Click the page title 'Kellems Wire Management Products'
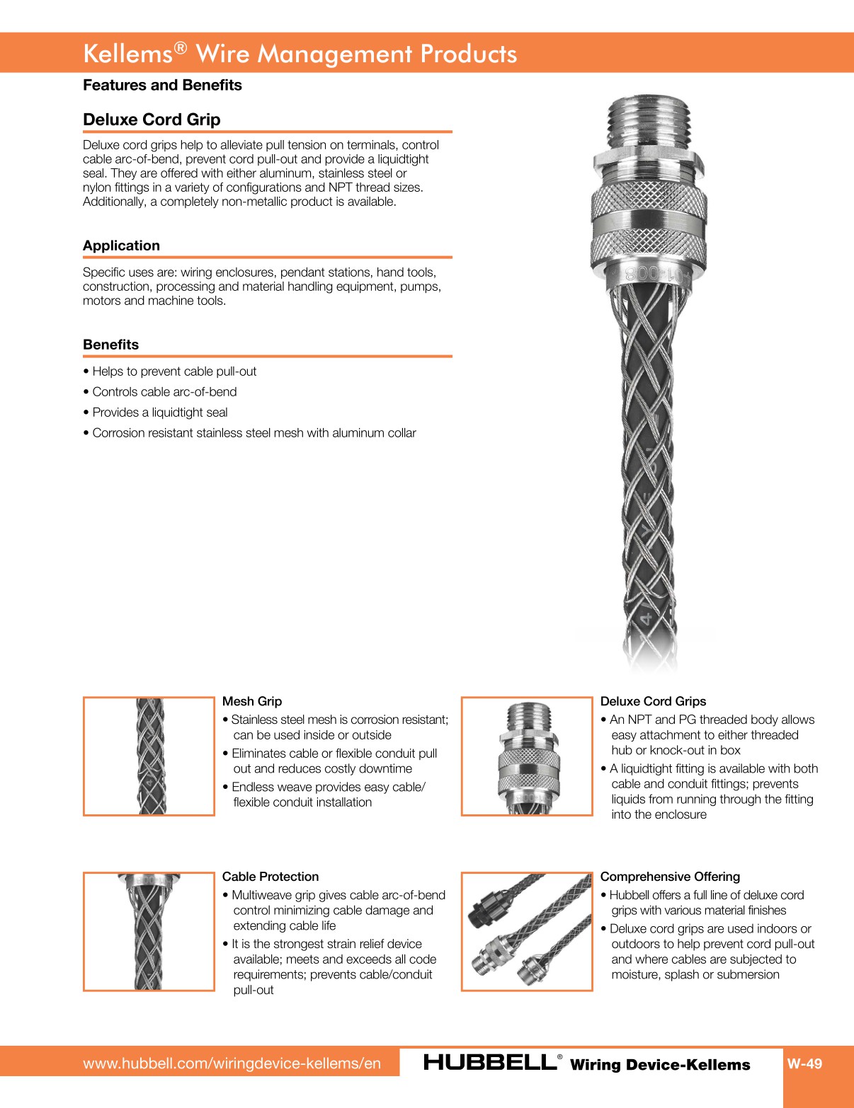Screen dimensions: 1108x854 point(300,54)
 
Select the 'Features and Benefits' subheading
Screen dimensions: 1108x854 point(162,85)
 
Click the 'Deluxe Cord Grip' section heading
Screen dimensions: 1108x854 point(152,120)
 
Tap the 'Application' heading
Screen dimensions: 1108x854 point(121,246)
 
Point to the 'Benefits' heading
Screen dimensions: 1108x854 point(110,345)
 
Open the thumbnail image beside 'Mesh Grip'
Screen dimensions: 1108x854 point(149,756)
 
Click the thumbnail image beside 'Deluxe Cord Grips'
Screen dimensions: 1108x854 point(527,756)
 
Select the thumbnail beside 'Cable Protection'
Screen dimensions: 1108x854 point(149,931)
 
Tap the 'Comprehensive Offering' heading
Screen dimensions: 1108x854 point(670,877)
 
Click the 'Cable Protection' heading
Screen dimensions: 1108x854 point(271,877)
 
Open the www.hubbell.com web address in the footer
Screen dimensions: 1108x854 point(232,1063)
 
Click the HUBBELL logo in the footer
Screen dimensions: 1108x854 point(490,1063)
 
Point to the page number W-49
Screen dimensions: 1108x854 point(804,1063)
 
